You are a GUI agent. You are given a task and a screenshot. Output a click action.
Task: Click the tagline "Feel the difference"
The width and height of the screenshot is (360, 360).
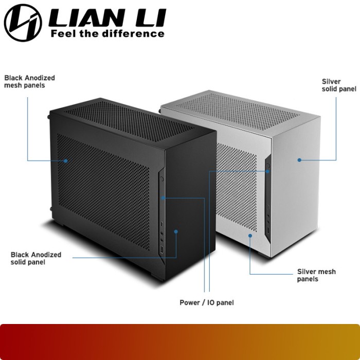coord(107,33)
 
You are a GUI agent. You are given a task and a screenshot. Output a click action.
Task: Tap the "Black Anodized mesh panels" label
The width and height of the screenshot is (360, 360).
coord(29,81)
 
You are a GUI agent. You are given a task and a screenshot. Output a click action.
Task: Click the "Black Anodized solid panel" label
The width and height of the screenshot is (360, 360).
coord(35,258)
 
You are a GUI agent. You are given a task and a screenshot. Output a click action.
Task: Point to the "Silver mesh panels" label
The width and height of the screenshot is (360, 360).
coord(316,275)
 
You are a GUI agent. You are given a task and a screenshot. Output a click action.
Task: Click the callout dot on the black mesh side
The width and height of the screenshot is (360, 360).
coord(66,160)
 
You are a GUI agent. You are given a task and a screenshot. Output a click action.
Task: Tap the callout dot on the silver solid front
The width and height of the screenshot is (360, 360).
coord(299,160)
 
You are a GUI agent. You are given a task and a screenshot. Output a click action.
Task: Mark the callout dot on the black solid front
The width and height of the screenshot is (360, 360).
coord(176,232)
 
